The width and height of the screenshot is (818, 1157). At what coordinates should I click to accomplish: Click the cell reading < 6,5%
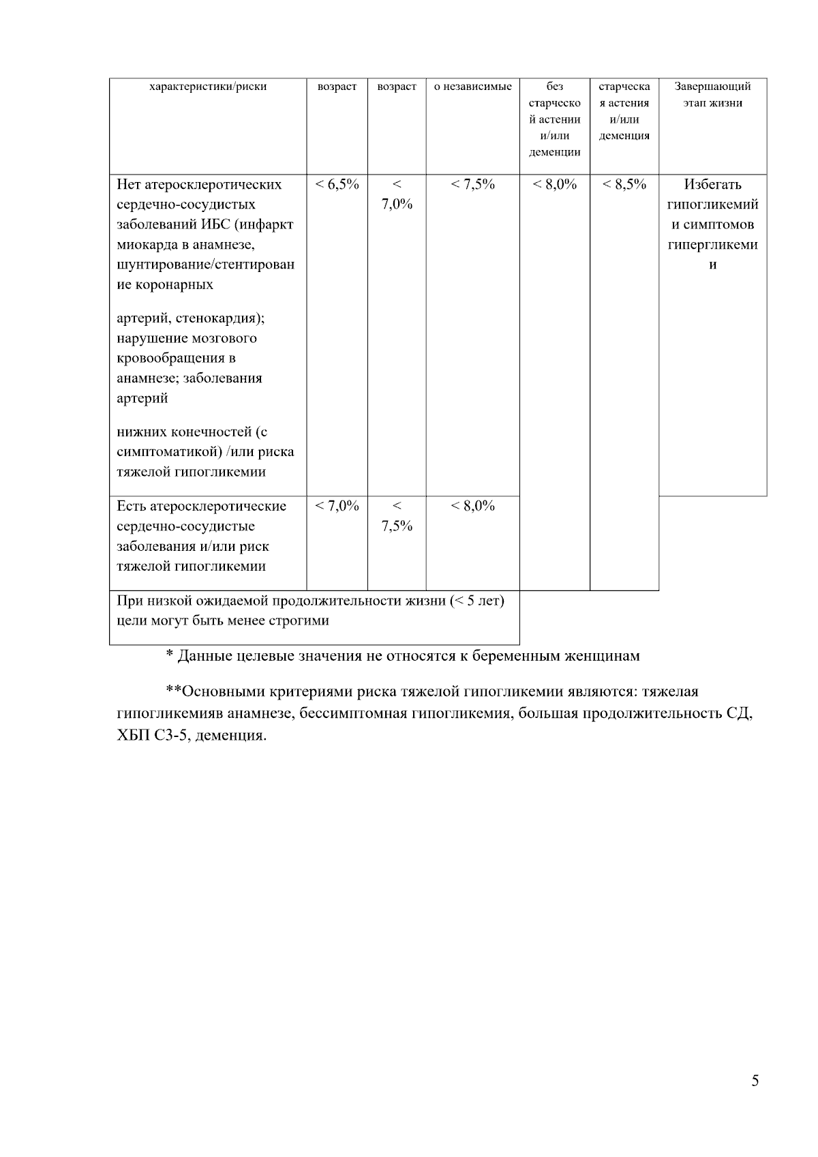click(337, 185)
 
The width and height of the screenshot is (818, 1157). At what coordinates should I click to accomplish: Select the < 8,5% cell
click(624, 185)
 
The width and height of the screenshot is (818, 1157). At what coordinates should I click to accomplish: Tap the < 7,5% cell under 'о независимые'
click(472, 185)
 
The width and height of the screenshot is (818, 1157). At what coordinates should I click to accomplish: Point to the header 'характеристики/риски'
click(208, 87)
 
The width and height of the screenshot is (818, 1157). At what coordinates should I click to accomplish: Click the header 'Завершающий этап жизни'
click(712, 95)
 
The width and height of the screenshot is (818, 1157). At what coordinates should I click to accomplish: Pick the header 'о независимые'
click(472, 87)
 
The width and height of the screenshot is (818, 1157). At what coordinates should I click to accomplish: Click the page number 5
click(755, 1081)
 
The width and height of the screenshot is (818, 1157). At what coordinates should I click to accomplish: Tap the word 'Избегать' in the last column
click(712, 185)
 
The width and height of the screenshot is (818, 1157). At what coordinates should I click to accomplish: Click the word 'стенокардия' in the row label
click(222, 318)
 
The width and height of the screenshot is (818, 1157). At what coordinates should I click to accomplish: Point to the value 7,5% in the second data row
click(397, 526)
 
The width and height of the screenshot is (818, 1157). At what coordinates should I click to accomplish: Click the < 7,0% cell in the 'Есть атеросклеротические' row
click(337, 506)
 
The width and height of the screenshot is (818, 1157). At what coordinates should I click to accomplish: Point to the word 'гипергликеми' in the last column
click(712, 245)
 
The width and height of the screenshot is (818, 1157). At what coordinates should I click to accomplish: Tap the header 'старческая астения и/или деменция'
click(624, 111)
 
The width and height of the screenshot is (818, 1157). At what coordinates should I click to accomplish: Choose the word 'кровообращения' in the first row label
click(177, 359)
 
